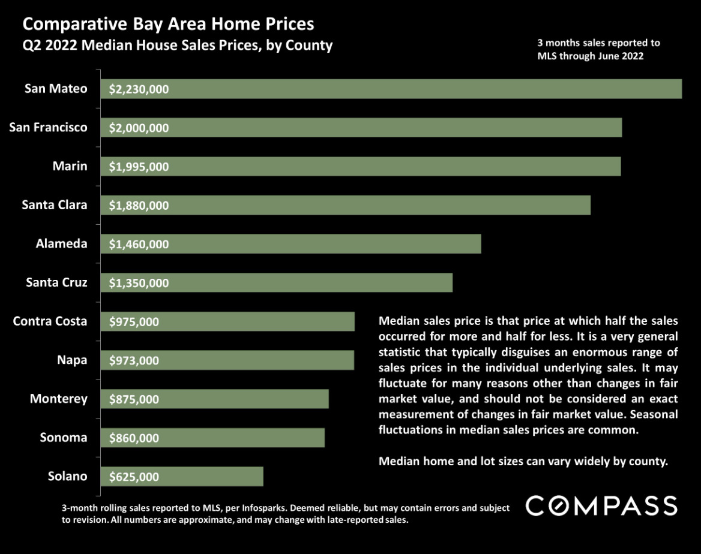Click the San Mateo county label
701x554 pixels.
tap(55, 89)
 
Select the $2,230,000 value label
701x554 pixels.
tap(139, 90)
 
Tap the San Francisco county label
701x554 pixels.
tap(48, 127)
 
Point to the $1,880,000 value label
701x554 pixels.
tap(139, 206)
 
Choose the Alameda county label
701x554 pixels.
tap(61, 243)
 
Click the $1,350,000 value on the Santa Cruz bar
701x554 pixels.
tap(139, 283)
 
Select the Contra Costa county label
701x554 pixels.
tap(50, 321)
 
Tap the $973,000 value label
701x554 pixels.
tap(134, 361)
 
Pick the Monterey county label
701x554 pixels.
tap(58, 399)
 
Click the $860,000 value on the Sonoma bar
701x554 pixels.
tap(134, 438)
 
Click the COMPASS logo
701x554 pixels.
tap(601, 506)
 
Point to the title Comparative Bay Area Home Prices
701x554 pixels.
tap(168, 25)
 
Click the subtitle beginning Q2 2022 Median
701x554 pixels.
tap(177, 46)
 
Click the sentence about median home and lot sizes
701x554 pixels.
tap(523, 462)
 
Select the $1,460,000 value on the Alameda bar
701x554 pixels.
tap(139, 245)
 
